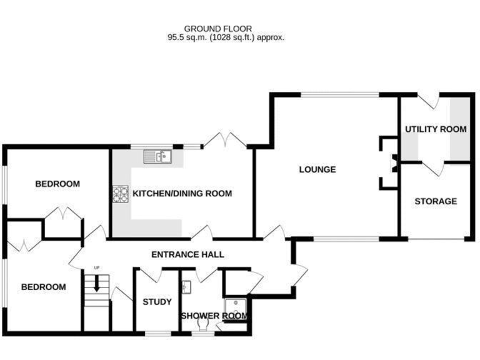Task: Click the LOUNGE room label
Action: click(317, 169)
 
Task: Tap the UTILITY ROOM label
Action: click(436, 129)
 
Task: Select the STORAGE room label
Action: click(436, 201)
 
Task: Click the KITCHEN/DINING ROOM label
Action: click(182, 194)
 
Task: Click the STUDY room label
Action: click(157, 302)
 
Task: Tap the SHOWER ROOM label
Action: click(214, 316)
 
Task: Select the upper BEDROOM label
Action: click(57, 184)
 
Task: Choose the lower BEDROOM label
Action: click(43, 287)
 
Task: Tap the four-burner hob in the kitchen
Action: click(120, 194)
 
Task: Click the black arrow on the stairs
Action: click(96, 284)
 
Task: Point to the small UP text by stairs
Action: click(96, 268)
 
